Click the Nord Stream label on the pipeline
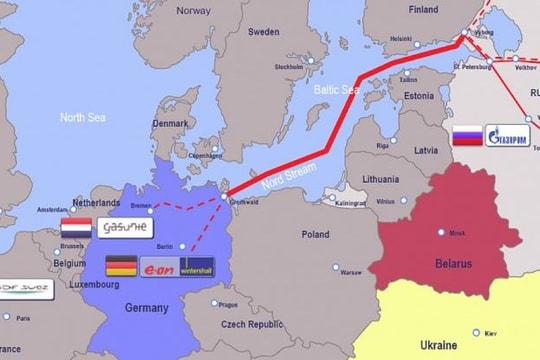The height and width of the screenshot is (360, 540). tap(283, 166)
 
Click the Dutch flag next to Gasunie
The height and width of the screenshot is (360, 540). tap(76, 227)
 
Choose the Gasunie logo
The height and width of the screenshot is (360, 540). tap(125, 227)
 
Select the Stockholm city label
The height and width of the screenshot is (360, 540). tap(288, 67)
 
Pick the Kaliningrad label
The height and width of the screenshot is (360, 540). tap(350, 203)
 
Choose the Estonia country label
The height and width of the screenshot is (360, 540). tap(418, 96)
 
